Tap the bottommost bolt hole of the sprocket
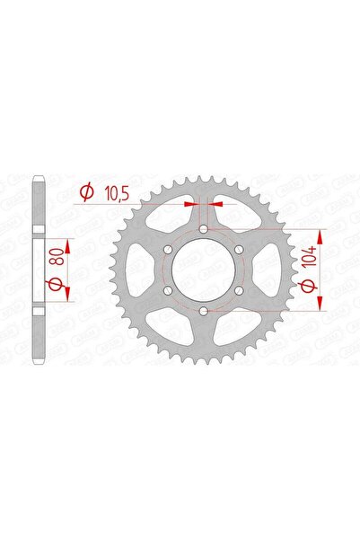[x=205, y=310]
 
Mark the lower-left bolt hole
[x=171, y=290]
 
